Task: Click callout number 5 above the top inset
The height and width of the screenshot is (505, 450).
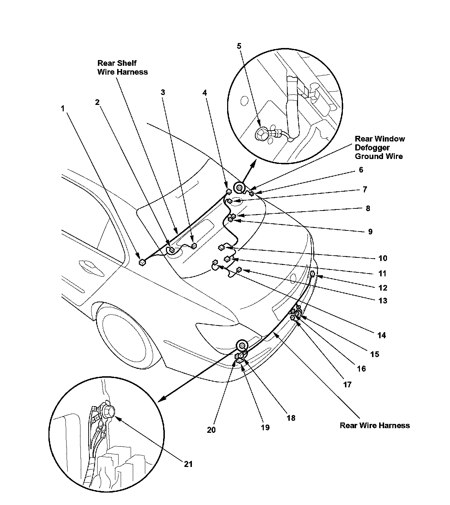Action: pyautogui.click(x=239, y=46)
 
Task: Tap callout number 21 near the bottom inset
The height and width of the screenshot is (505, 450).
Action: pyautogui.click(x=188, y=464)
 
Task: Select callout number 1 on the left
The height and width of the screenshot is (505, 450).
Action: pyautogui.click(x=63, y=108)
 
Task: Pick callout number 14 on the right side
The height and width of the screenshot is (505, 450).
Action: pyautogui.click(x=382, y=335)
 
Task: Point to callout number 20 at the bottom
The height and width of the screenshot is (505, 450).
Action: pyautogui.click(x=211, y=430)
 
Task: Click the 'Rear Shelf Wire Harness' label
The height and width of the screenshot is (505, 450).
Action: pyautogui.click(x=122, y=68)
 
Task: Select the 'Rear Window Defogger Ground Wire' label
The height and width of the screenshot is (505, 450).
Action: pyautogui.click(x=380, y=148)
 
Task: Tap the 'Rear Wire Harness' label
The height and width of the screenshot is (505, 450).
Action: pyautogui.click(x=375, y=425)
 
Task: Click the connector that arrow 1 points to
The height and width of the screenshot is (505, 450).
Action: pyautogui.click(x=142, y=262)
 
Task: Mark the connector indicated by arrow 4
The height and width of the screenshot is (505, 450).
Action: pyautogui.click(x=229, y=192)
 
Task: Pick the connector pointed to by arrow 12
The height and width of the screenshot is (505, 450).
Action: pyautogui.click(x=312, y=273)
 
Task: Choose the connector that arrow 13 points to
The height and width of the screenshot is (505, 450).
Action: pyautogui.click(x=239, y=270)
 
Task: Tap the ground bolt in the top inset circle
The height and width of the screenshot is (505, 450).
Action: pyautogui.click(x=261, y=134)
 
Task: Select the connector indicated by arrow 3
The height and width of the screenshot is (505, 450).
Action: pyautogui.click(x=194, y=245)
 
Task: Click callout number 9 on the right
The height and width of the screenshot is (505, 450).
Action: pyautogui.click(x=370, y=232)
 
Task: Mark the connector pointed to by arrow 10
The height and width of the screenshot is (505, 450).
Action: pyautogui.click(x=222, y=246)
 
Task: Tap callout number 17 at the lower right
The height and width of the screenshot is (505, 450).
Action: pyautogui.click(x=347, y=384)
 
